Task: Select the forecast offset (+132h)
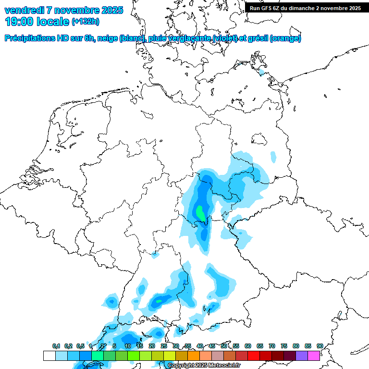click(86, 22)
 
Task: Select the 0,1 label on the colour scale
click(56, 346)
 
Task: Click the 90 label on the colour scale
click(320, 346)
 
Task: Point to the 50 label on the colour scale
click(224, 346)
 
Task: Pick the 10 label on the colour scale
click(128, 346)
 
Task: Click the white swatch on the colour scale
click(49, 356)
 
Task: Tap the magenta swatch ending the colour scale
click(314, 356)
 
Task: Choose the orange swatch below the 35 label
click(194, 356)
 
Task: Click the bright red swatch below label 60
click(254, 356)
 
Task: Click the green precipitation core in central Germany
click(200, 211)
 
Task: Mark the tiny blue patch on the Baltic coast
click(262, 74)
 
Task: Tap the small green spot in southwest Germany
click(158, 301)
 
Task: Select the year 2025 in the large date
click(109, 10)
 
